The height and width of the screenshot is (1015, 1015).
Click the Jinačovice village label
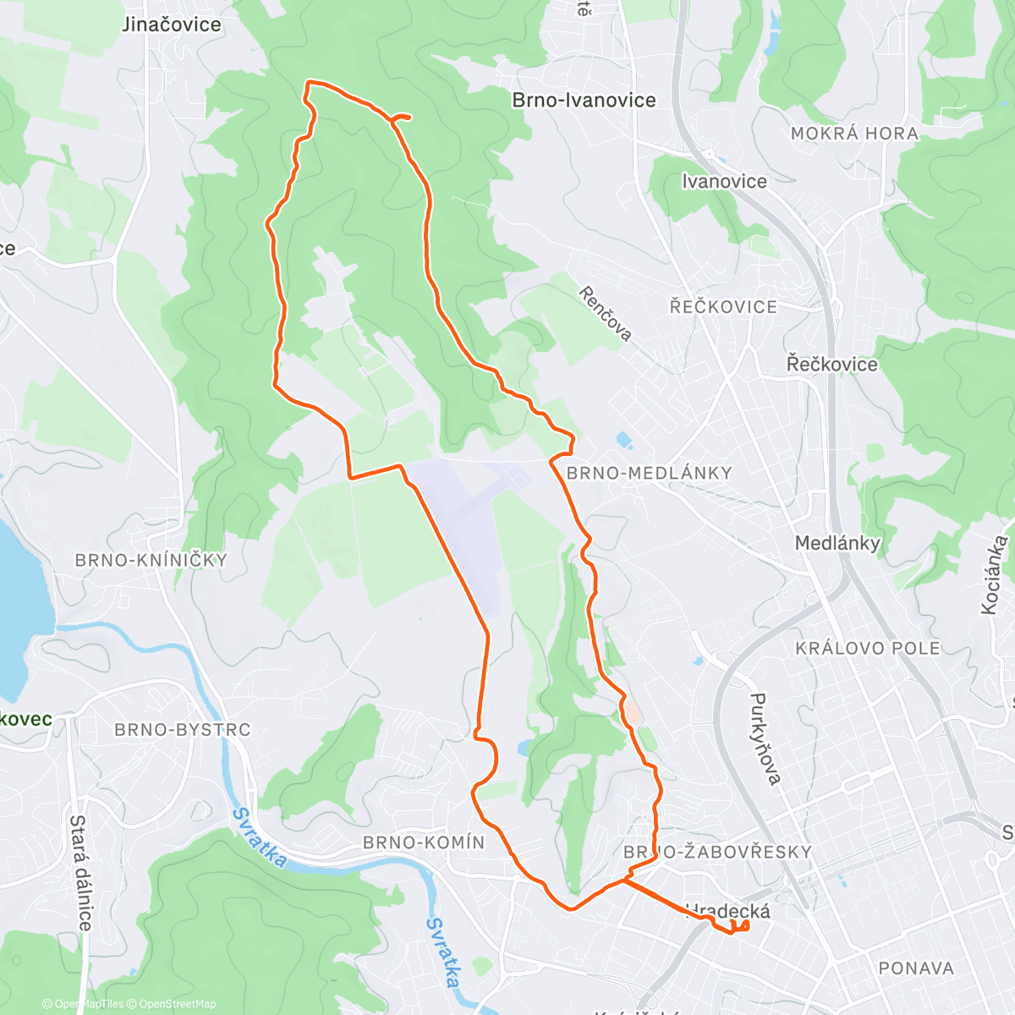coord(171,25)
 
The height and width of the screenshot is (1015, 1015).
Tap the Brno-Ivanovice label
coord(584,100)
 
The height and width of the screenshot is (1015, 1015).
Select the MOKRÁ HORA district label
coord(854,134)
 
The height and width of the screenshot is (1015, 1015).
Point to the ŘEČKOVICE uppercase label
coord(723,306)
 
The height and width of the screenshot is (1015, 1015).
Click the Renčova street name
coord(606,313)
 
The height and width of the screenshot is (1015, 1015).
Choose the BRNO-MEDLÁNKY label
coord(649,473)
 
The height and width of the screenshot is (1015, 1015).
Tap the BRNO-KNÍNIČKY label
coord(151,560)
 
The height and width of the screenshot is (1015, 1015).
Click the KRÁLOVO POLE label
coord(868,649)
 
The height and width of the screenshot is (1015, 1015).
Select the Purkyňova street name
coord(764,738)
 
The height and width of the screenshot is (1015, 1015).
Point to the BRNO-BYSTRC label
coord(183,729)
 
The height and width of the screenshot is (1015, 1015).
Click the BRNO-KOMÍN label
coord(424,842)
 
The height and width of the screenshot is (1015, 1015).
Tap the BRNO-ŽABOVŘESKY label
coord(717,852)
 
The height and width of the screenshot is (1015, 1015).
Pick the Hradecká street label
coord(729,911)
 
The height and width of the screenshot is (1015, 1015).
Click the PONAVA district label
coord(916,968)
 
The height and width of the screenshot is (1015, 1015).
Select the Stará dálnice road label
coord(80,872)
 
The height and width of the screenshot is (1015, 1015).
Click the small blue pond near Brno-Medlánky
coord(624,440)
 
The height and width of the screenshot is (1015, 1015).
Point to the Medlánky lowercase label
coord(837,543)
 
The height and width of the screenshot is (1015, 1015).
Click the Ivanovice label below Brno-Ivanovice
coord(724,181)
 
